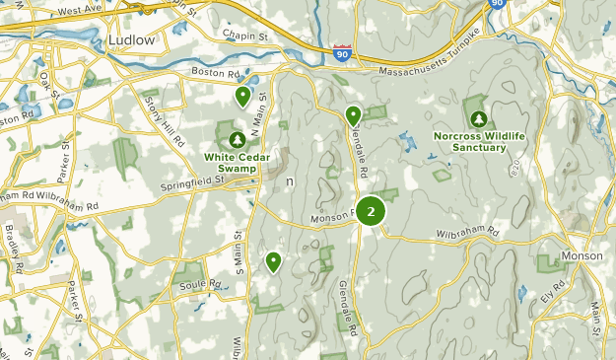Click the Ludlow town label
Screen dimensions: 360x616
click(128, 39)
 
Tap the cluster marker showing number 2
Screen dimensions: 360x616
click(371, 211)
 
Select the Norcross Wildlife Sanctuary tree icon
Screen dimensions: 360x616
click(478, 118)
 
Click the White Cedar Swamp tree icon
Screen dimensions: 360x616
click(237, 140)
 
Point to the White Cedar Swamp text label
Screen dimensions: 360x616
click(237, 156)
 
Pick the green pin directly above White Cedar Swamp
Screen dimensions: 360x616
click(242, 96)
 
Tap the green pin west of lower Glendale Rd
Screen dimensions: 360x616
click(273, 260)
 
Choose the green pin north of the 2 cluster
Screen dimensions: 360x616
click(353, 115)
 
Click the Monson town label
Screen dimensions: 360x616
click(581, 255)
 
